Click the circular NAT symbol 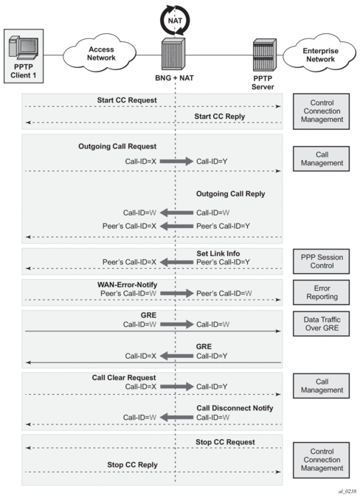(175, 20)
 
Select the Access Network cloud (100, 54)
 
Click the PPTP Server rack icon (265, 55)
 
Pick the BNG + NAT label (174, 78)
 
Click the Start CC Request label (127, 100)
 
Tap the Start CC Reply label (220, 116)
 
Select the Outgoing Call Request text (117, 146)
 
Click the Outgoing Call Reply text (231, 194)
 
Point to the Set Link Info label (218, 253)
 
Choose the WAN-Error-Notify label (127, 284)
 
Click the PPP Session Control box (321, 261)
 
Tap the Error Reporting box (321, 292)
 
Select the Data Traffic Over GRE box (321, 323)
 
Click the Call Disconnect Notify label (235, 408)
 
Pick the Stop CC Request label (225, 442)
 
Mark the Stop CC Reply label (132, 464)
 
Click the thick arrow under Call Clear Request (177, 387)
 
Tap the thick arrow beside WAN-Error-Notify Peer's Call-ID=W (177, 293)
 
